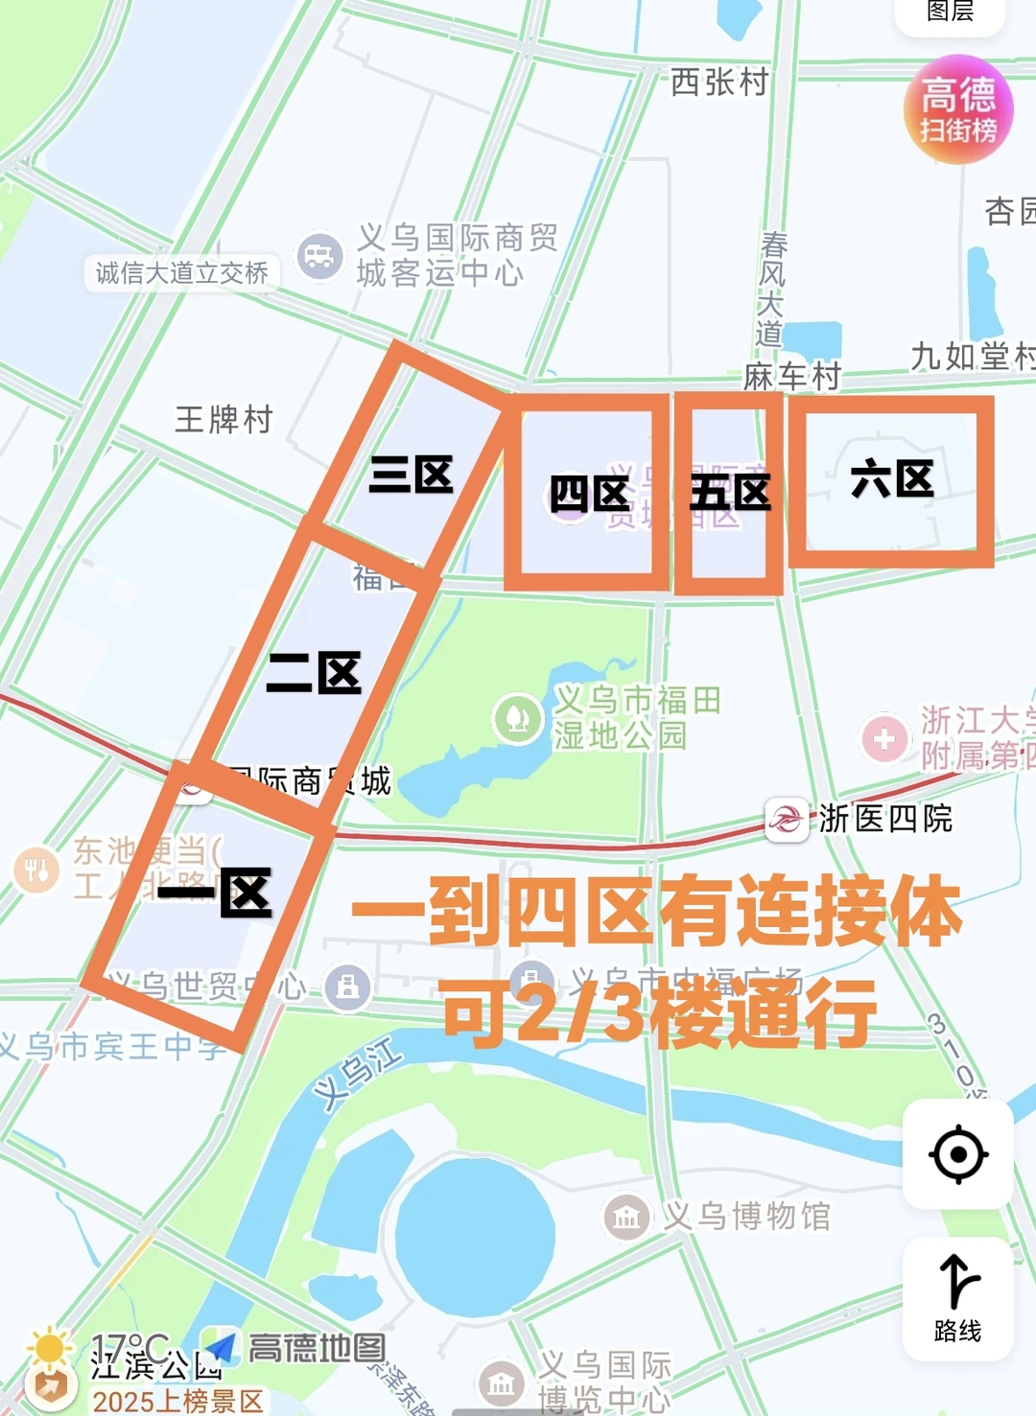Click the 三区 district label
click(412, 475)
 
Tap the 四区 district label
click(589, 495)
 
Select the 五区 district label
click(730, 493)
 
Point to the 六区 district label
click(892, 478)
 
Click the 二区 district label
click(315, 672)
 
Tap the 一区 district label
click(216, 894)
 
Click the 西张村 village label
click(719, 82)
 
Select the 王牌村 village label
click(224, 419)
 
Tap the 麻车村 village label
click(791, 377)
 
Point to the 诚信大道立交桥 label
click(182, 273)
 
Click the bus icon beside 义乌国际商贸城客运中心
click(319, 257)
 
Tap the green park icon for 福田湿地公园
click(518, 717)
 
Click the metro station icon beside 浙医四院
click(787, 819)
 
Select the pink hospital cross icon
click(884, 738)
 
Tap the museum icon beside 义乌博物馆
click(626, 1218)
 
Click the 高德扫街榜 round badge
click(958, 109)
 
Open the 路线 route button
click(957, 1298)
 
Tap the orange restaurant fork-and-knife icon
click(36, 870)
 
